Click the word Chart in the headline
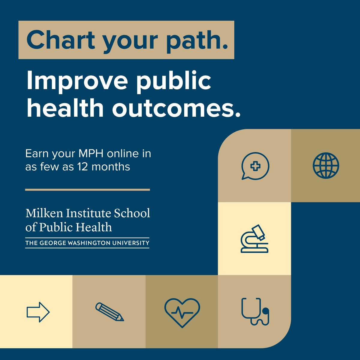[x=61, y=40]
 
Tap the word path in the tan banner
[x=197, y=42]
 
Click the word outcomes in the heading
[x=176, y=108]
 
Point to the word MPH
[x=91, y=154]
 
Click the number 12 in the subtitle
[x=82, y=166]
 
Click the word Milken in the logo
[x=44, y=213]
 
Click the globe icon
[x=326, y=166]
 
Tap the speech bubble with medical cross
[x=255, y=166]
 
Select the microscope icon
[x=254, y=238]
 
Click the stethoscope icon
[x=255, y=311]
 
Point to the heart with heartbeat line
[x=182, y=313]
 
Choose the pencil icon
[x=109, y=312]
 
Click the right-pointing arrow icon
[x=38, y=312]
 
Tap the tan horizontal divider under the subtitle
[x=87, y=190]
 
